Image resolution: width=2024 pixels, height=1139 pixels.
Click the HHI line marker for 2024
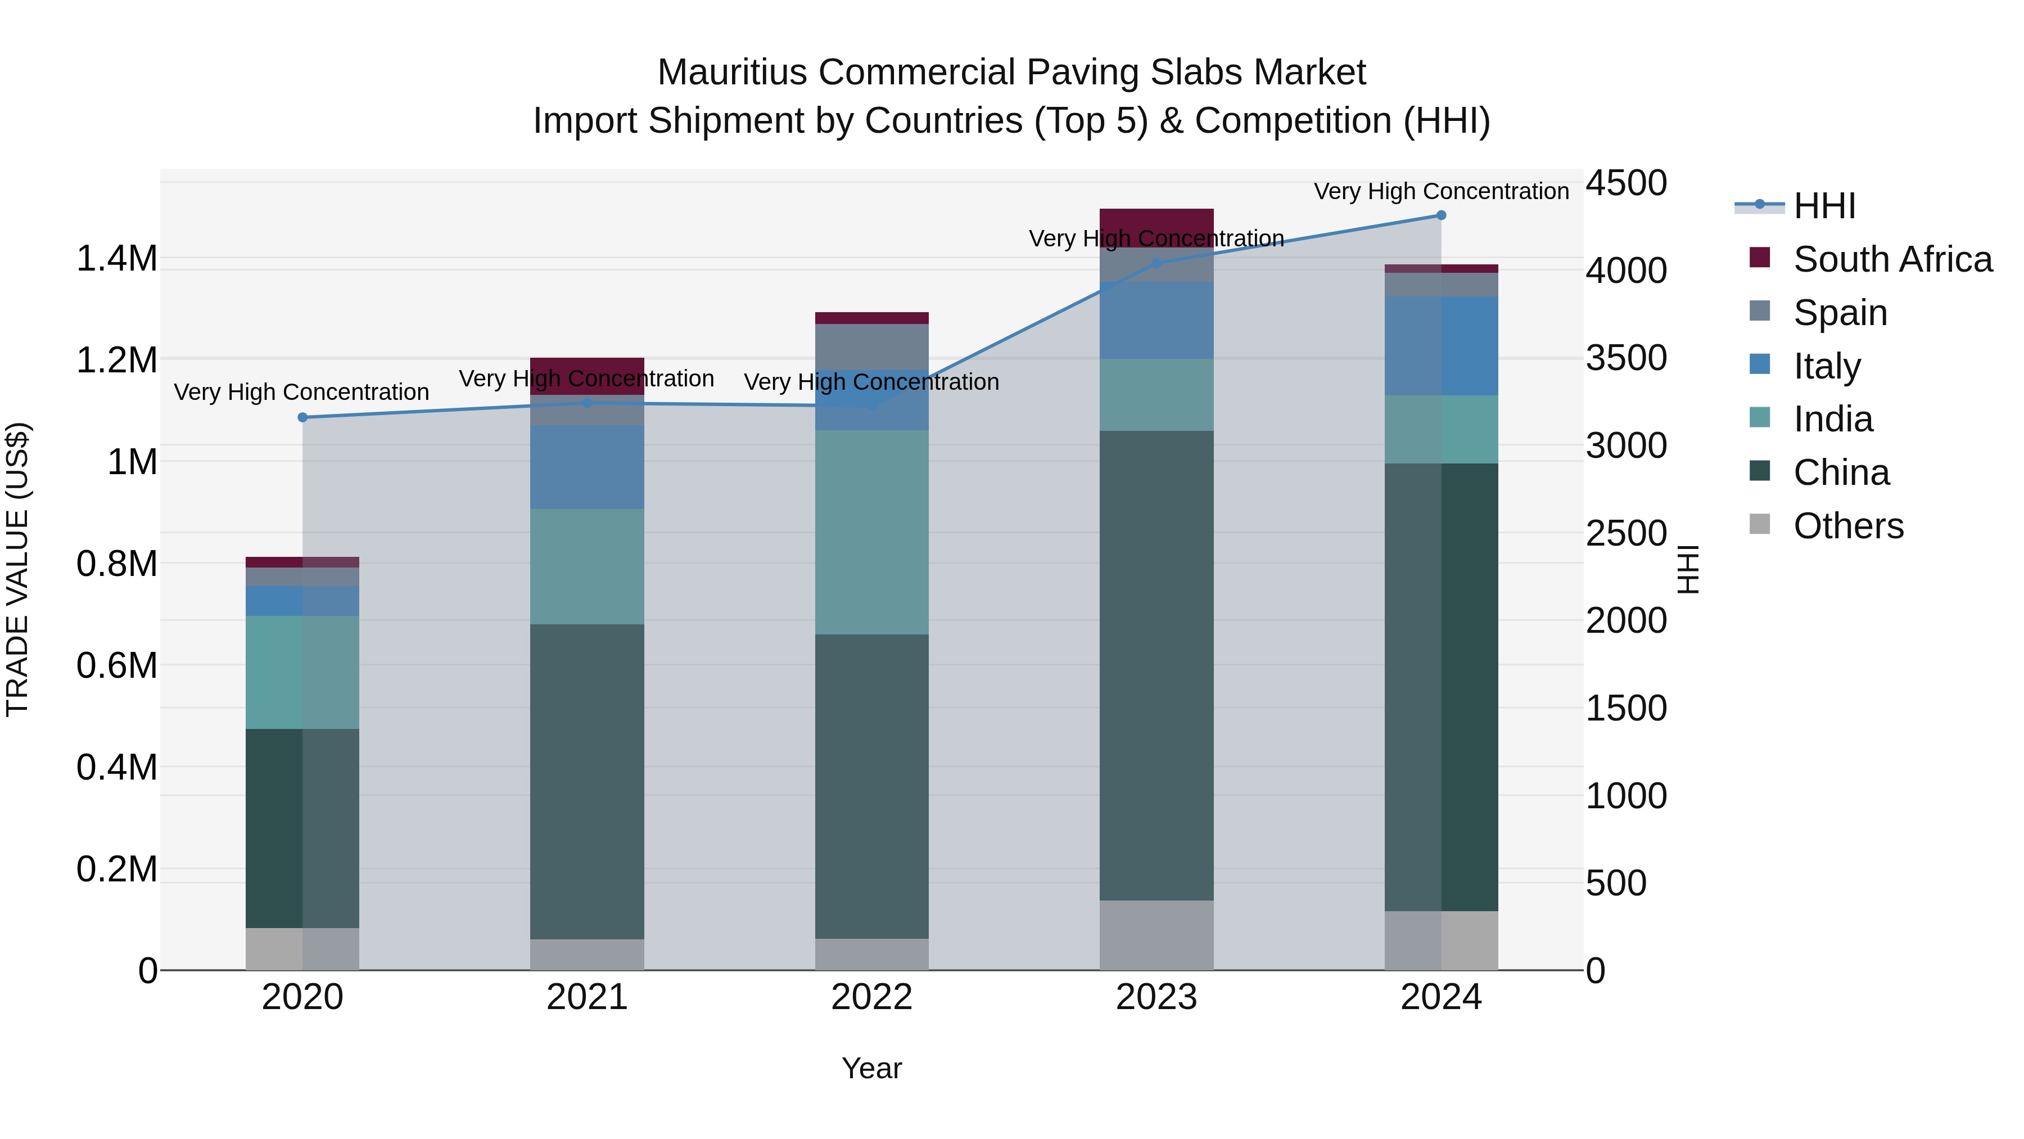[x=1440, y=215]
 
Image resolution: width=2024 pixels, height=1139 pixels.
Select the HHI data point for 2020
[x=302, y=417]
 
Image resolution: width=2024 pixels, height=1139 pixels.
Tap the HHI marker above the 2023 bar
[x=1156, y=263]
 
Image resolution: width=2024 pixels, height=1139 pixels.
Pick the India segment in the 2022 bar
[x=871, y=532]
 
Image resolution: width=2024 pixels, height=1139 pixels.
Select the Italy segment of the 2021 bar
[x=587, y=467]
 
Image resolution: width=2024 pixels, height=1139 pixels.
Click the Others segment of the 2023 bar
[x=1156, y=935]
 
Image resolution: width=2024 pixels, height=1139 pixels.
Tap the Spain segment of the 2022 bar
[x=871, y=346]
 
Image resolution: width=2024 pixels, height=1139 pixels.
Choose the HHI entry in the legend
[x=1824, y=206]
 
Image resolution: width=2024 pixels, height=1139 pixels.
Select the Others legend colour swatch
[x=1760, y=524]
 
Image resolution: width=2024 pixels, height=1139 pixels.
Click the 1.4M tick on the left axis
[x=116, y=259]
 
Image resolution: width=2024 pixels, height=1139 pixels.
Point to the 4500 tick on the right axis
[x=1625, y=183]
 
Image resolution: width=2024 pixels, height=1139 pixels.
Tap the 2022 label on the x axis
[x=871, y=997]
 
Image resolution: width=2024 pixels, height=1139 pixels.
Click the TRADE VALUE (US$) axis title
[x=17, y=569]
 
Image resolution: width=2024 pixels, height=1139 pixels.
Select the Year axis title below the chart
[x=871, y=1068]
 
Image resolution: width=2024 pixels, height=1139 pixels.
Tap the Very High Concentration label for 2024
[x=1440, y=191]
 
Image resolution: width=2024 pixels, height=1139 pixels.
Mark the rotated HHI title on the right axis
[x=1688, y=569]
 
